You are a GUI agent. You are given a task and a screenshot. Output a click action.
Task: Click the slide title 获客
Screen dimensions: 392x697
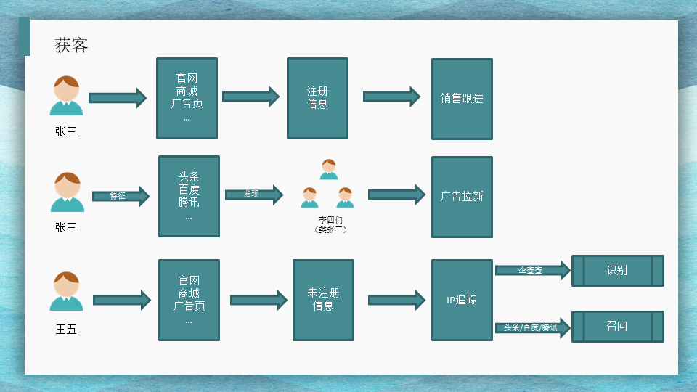coord(72,46)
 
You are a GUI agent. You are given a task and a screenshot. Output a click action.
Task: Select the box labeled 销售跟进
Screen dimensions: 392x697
coord(462,99)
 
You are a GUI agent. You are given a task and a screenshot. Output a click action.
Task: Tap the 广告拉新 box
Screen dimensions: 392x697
coord(462,197)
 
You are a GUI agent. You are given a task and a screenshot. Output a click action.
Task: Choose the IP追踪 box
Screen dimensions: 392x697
coord(462,300)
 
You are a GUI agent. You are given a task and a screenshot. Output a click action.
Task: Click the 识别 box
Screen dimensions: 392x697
coord(617,271)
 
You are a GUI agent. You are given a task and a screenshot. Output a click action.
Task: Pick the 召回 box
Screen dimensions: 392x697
coord(617,327)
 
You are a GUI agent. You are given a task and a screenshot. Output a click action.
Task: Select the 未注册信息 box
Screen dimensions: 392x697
coord(323,300)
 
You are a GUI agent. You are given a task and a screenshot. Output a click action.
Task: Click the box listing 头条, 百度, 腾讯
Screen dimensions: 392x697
coord(189,196)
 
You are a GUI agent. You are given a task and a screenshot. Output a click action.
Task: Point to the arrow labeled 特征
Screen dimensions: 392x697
coord(120,196)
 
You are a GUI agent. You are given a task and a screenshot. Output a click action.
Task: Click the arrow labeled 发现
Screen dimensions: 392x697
coord(253,195)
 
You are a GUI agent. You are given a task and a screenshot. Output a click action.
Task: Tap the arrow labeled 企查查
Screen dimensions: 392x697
coord(531,271)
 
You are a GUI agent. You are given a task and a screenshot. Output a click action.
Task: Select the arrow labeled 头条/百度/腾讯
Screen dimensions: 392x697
coord(531,328)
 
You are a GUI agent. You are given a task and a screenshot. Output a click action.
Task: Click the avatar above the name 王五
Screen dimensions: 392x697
coord(67,291)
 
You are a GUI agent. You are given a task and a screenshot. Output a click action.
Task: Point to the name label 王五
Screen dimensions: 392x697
coord(66,330)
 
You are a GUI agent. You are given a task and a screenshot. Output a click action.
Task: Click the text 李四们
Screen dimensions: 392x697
coord(329,219)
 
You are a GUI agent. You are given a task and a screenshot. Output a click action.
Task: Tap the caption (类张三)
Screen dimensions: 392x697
coord(330,229)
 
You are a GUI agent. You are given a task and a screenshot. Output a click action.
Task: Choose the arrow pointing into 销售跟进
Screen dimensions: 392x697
coord(391,97)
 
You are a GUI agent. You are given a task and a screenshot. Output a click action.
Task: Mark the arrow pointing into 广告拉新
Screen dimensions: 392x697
coord(396,195)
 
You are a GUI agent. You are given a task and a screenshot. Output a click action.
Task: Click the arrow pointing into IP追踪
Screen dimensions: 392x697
coord(396,300)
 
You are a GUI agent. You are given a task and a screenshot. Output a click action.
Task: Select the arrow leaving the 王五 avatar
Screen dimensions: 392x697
coord(121,300)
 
